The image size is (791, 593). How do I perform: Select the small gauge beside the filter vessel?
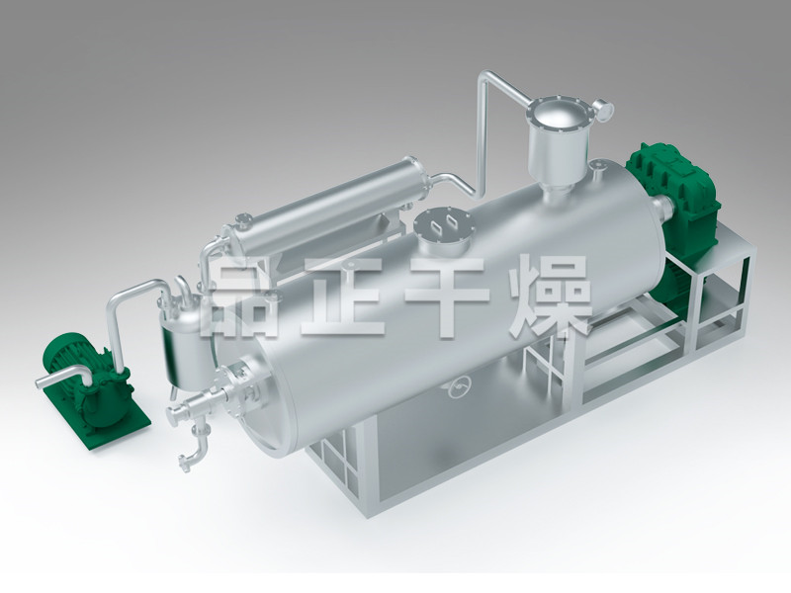tap(603, 109)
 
